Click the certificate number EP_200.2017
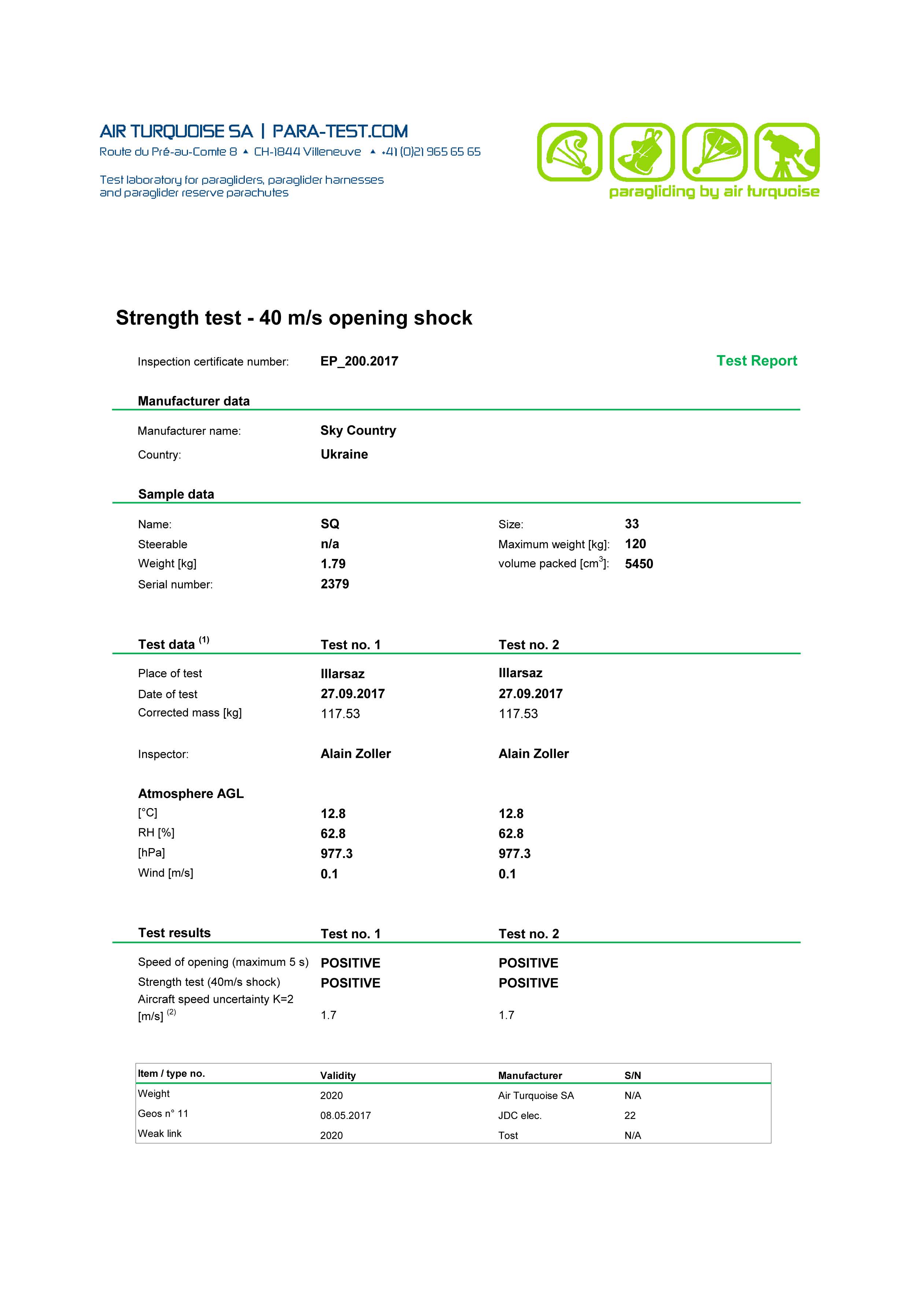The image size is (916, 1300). pos(359,361)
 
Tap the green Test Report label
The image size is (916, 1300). pos(756,361)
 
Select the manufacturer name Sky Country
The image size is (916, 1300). pos(358,430)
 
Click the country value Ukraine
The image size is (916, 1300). pos(344,454)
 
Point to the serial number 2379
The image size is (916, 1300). pos(334,584)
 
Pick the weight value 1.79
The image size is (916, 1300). pos(333,563)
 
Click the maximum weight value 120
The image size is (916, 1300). pos(635,544)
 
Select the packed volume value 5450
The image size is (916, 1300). pos(639,563)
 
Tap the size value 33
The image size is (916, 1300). pos(631,524)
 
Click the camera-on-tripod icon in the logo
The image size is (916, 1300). pos(787,152)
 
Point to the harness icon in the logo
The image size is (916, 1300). pos(642,152)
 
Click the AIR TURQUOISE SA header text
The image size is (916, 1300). pos(176,131)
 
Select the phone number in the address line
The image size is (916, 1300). pos(431,152)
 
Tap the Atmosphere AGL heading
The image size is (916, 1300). pos(191,793)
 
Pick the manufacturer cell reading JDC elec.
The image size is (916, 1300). pos(520,1115)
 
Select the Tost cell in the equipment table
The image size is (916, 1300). pos(508,1135)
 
